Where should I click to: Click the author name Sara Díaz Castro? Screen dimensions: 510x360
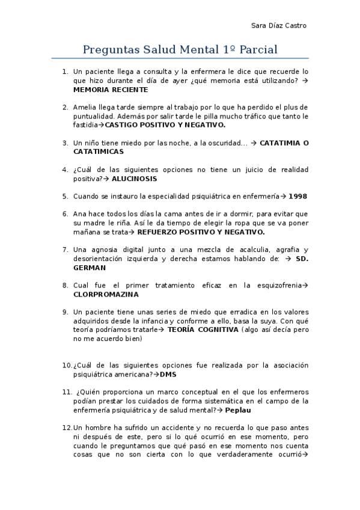[278, 25]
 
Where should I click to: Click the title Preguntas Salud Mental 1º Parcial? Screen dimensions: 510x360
[180, 49]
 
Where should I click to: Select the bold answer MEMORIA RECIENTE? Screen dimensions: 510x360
[110, 90]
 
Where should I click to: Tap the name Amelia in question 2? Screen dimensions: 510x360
[84, 107]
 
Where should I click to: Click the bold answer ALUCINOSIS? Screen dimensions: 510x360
[134, 179]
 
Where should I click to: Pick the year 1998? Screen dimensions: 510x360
[297, 196]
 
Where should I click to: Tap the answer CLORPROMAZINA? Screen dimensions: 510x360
[106, 295]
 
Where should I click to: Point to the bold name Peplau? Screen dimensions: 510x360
[237, 410]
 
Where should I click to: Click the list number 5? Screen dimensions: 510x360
[65, 196]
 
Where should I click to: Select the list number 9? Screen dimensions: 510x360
[65, 312]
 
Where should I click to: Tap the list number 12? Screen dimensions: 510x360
[66, 427]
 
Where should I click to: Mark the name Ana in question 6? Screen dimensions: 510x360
[79, 214]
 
